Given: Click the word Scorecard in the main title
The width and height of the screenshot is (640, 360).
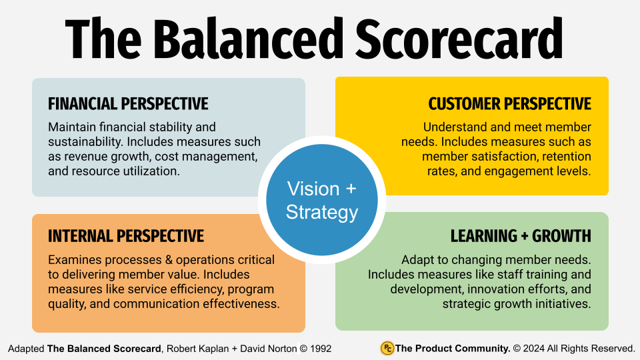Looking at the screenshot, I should [x=460, y=38].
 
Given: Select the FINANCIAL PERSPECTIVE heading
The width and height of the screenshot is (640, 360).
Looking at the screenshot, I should [x=128, y=104].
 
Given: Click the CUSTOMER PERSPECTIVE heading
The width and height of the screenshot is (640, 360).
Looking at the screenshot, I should [x=510, y=104].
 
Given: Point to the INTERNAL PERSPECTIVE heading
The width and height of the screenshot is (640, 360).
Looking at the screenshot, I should [x=126, y=236].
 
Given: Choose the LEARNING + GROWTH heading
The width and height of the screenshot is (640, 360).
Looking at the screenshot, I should [x=521, y=236].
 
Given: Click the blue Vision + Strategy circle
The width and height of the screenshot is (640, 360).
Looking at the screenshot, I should [x=322, y=201].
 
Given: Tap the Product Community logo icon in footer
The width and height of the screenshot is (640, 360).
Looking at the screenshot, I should [x=387, y=348].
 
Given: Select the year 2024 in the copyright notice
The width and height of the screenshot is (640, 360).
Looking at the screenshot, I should [x=535, y=349].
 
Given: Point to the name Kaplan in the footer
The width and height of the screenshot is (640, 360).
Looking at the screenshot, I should [x=217, y=349].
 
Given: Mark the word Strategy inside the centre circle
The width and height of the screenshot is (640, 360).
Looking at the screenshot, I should [x=322, y=212].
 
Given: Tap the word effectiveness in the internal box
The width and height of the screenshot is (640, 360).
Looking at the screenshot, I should [x=243, y=304].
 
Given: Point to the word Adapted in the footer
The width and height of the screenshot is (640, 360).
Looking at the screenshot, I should [x=26, y=349].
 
